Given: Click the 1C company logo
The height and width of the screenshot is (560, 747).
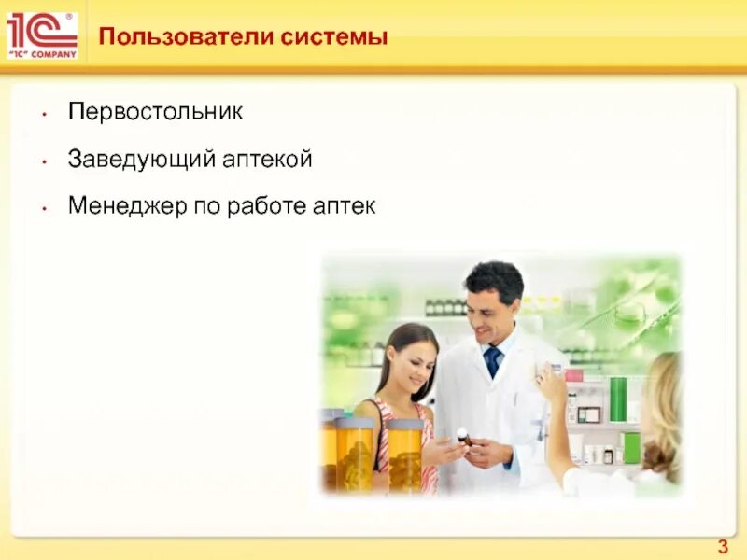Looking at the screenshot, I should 42,35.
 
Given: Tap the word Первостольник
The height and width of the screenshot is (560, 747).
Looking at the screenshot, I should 155,112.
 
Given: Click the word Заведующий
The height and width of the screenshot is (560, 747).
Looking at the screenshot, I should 141,160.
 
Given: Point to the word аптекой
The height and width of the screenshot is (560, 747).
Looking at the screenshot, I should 267,160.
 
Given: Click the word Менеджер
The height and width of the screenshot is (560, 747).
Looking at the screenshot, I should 126,206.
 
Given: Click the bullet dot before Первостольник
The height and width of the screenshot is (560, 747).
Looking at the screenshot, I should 43,114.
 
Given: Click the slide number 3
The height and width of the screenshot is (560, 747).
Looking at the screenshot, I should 722,547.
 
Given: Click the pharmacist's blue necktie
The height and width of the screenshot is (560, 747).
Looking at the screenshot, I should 492,361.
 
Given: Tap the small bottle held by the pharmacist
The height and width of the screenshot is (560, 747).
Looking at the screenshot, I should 462,436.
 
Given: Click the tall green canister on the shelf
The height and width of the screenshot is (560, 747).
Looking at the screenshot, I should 617,399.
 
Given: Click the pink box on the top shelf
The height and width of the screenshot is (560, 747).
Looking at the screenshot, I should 573,374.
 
